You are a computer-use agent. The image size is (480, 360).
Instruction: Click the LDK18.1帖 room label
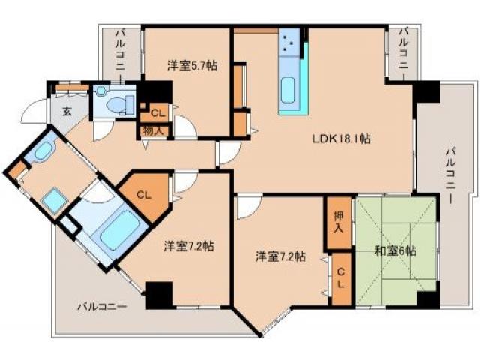point(343,138)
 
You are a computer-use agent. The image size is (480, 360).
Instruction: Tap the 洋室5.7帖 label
point(193,66)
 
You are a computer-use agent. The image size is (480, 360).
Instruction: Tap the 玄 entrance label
point(66,112)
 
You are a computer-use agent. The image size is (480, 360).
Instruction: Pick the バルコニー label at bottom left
point(101,306)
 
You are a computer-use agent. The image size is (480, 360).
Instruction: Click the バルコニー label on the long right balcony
point(449,177)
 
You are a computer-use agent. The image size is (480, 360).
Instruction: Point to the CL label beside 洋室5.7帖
point(157,114)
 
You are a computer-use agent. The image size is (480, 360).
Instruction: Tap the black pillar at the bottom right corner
point(427,299)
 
